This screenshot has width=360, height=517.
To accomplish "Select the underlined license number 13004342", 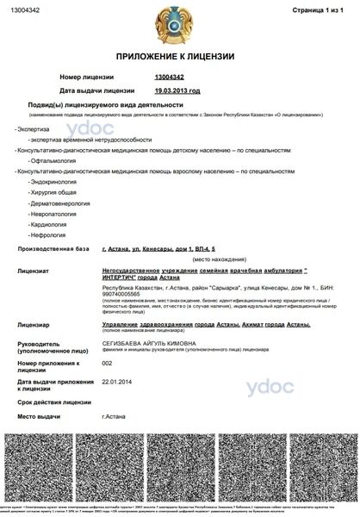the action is [x=171, y=78].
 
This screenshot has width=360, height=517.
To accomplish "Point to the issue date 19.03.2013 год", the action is [x=177, y=90].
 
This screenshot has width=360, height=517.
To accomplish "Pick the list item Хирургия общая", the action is [x=53, y=195].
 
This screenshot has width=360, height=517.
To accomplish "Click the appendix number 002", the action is [x=108, y=364].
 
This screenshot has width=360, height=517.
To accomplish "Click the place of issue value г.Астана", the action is [x=115, y=416].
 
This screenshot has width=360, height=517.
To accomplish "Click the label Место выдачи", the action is [x=40, y=416].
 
